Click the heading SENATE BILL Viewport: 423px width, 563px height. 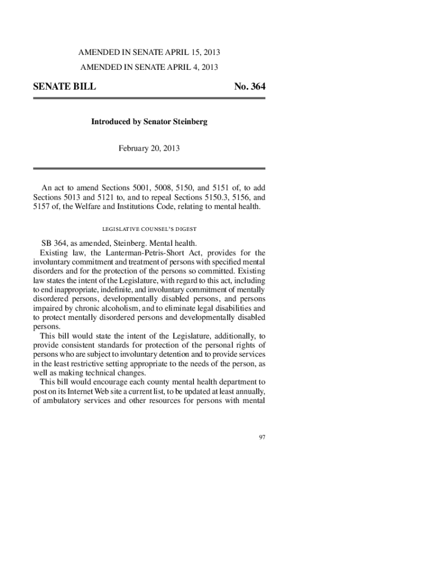tap(64, 87)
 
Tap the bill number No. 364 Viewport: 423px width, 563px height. tap(249, 87)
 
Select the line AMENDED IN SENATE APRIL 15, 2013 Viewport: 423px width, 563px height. tap(149, 53)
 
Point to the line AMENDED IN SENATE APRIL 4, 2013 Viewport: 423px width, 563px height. tap(149, 68)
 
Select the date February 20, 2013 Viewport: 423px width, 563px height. tap(149, 148)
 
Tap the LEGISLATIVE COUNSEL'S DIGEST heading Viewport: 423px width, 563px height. tap(149, 229)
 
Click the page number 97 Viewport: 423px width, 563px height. tap(262, 437)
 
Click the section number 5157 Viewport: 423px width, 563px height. tap(43, 207)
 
